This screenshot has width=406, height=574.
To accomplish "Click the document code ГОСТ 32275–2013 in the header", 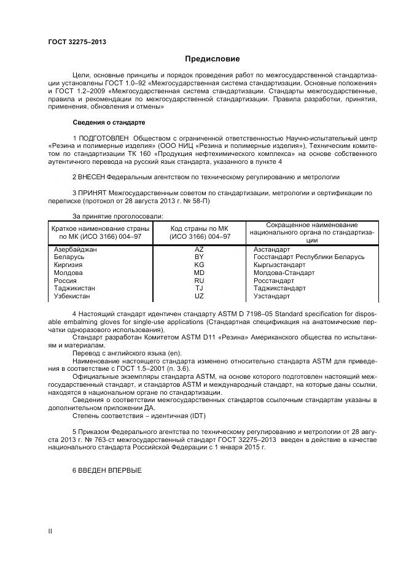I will click(77, 42).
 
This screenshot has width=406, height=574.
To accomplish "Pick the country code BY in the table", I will click(199, 257).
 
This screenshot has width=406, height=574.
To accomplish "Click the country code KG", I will click(199, 265).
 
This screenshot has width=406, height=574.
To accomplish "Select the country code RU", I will click(199, 281).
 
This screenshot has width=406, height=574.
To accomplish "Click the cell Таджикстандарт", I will click(279, 288).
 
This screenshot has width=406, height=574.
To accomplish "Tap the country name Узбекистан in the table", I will click(72, 296).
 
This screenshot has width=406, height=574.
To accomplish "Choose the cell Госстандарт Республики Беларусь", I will click(309, 257).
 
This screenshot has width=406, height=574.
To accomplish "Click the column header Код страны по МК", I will click(200, 228).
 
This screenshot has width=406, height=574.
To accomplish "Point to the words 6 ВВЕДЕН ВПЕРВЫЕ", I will click(107, 470).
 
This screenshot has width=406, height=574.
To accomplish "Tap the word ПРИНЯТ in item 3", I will click(92, 193).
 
